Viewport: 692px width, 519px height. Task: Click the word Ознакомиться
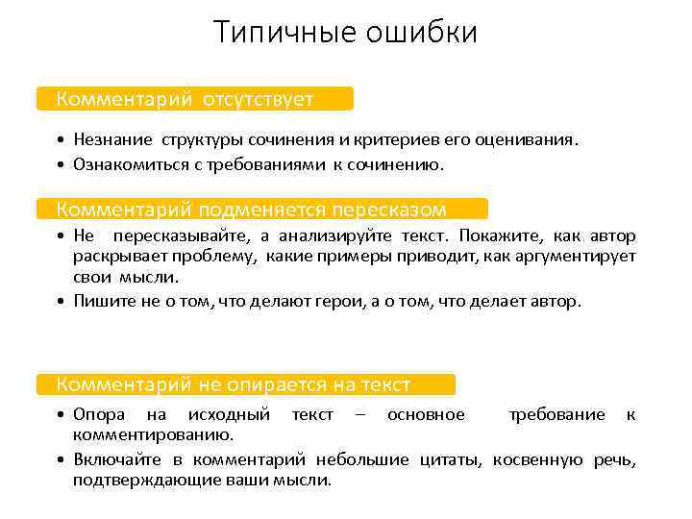pos(127,164)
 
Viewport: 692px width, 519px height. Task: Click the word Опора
pos(99,414)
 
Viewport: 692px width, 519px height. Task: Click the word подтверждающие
pos(136,480)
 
